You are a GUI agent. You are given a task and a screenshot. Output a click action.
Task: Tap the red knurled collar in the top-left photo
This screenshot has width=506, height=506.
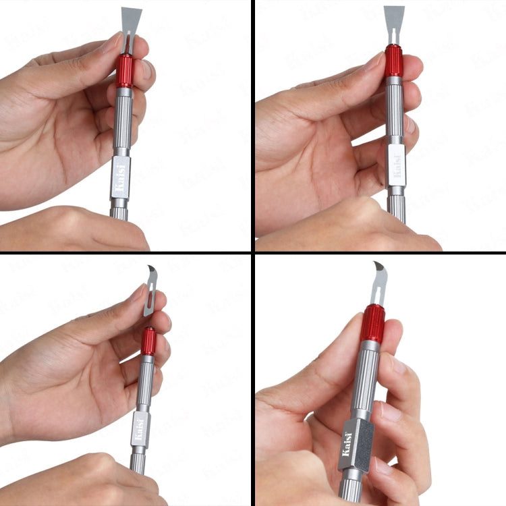[x=125, y=71]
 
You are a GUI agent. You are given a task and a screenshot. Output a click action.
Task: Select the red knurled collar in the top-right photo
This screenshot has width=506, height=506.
[x=394, y=61]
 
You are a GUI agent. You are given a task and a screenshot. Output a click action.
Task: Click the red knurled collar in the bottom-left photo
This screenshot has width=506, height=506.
[x=148, y=341]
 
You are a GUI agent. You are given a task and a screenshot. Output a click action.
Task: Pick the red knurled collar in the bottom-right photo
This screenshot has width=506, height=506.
[x=372, y=324]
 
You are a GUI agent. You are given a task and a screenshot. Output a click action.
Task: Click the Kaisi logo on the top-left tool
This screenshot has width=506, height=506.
[x=120, y=178]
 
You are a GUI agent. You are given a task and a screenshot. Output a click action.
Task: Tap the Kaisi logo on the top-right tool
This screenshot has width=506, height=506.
[x=397, y=166]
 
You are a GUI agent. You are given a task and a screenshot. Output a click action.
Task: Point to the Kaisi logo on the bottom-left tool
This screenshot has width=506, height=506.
[x=139, y=429]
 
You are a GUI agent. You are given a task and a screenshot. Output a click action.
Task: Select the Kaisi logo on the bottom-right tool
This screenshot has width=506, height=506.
[x=347, y=445]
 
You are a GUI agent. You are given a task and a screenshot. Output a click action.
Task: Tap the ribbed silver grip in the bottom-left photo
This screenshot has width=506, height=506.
[x=145, y=383]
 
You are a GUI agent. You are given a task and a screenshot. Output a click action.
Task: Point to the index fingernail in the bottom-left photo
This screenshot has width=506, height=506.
[x=139, y=291]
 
